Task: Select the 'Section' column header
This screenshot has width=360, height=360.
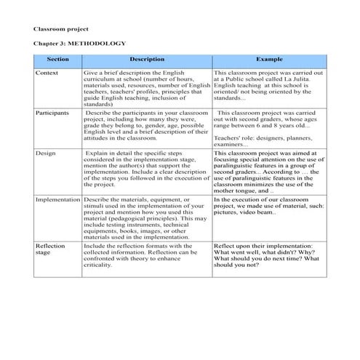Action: pyautogui.click(x=57, y=59)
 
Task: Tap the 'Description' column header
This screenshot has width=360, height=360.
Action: pyautogui.click(x=146, y=59)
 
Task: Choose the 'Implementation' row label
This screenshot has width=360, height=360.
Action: pyautogui.click(x=57, y=199)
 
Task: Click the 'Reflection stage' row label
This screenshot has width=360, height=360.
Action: pyautogui.click(x=50, y=250)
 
